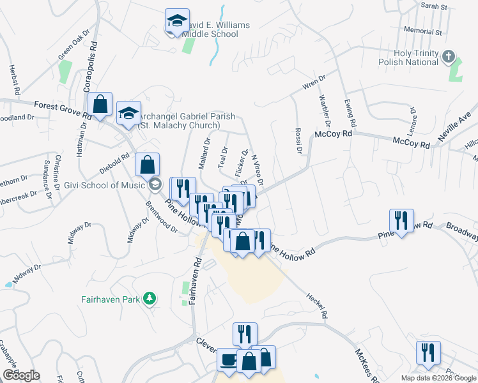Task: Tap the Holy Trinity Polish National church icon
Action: pos(449,57)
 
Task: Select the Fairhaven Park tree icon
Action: pos(150,298)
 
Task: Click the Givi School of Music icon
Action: pos(154,185)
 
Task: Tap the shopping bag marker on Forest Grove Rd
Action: pos(100,105)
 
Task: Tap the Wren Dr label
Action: pos(314,83)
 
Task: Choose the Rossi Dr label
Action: pos(298,142)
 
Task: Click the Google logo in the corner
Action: pos(21,375)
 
